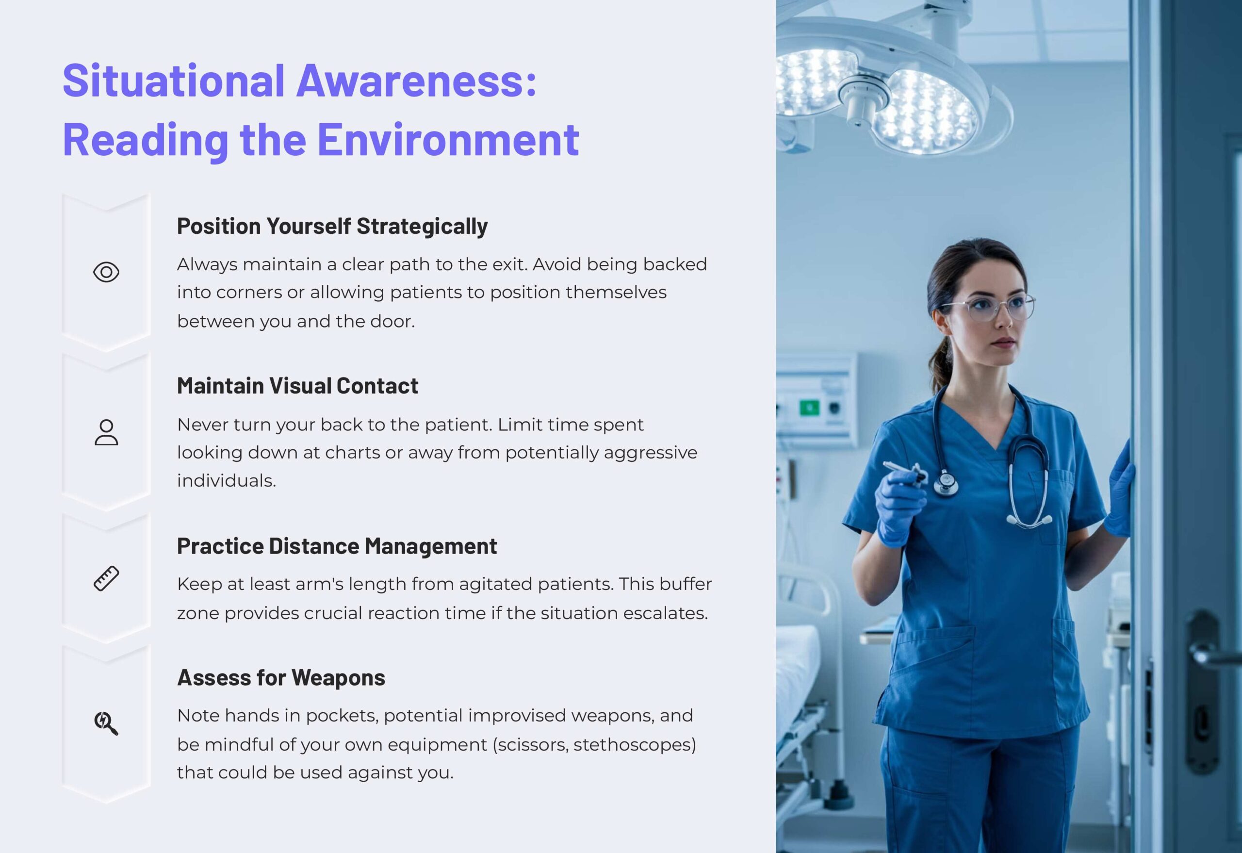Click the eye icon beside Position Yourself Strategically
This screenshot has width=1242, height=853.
106,272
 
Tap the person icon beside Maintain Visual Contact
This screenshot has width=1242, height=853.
106,432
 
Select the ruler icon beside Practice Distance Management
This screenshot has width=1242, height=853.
106,578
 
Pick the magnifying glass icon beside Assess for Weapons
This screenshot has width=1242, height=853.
106,723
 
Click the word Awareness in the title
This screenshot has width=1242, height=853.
416,81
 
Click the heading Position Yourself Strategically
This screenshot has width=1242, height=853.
332,226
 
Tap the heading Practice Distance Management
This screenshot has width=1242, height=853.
337,546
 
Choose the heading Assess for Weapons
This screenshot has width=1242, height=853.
281,677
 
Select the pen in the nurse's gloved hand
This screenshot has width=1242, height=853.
904,470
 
